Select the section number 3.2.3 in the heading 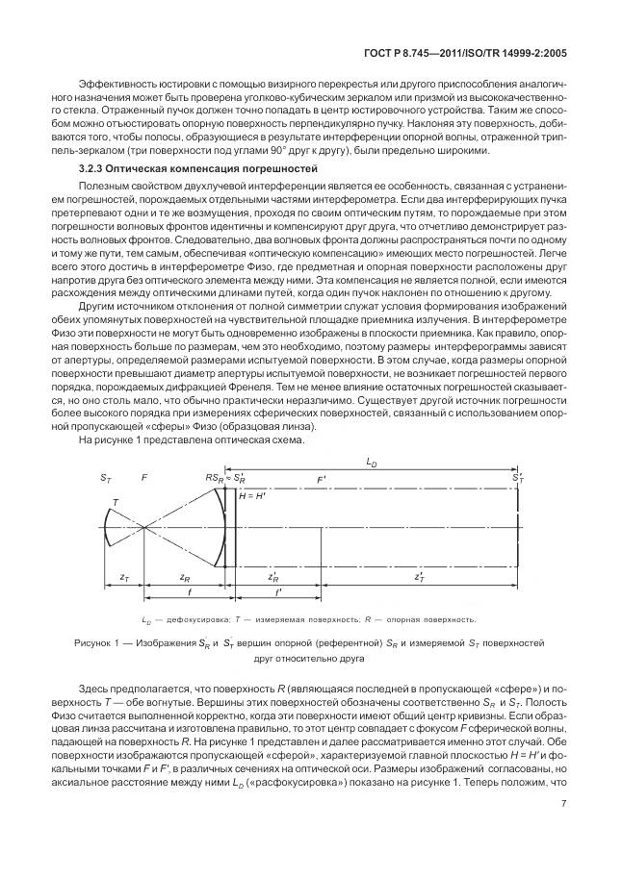point(92,168)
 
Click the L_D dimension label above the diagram point(371,463)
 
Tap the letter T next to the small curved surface point(116,502)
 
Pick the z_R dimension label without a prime point(185,577)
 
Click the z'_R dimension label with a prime point(273,577)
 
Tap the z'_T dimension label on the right point(420,577)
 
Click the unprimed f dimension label point(186,593)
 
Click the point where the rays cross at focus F point(143,527)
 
